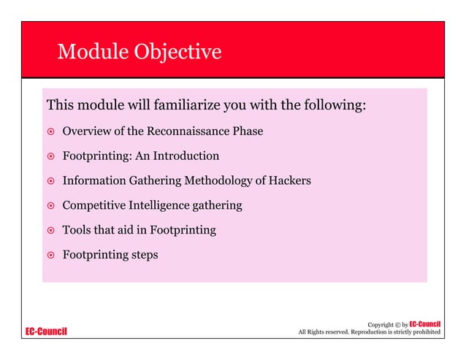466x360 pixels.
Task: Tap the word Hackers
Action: (289, 180)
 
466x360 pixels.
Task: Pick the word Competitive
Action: (93, 205)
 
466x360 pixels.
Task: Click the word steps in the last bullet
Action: (143, 256)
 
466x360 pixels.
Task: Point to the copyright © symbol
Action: (395, 324)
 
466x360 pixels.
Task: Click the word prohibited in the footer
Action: (424, 333)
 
